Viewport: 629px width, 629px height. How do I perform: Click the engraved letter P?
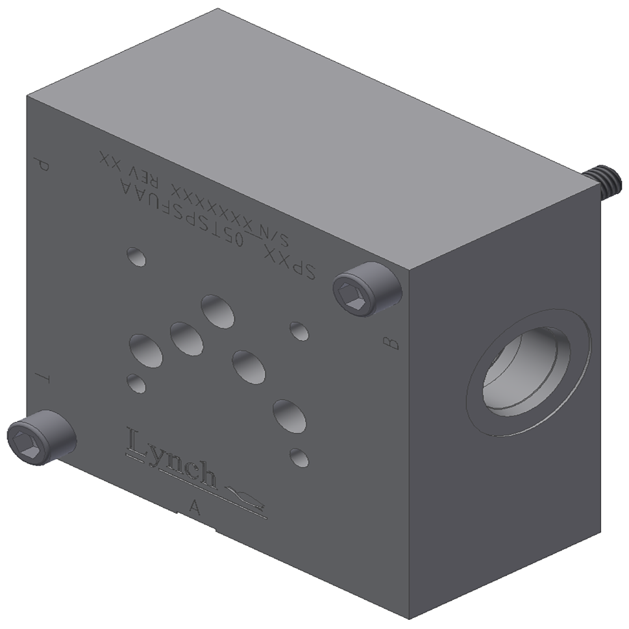pos(42,166)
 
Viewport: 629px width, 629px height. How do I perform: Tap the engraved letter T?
pos(42,377)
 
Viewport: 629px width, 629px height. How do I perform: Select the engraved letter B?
pos(390,343)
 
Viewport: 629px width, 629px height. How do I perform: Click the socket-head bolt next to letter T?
pos(40,438)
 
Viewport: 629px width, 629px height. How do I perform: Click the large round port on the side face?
pos(527,373)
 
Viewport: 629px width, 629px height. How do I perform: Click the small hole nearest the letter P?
pos(137,256)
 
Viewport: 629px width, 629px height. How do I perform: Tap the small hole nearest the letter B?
pos(299,331)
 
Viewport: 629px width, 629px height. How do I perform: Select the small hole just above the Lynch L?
pos(137,383)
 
